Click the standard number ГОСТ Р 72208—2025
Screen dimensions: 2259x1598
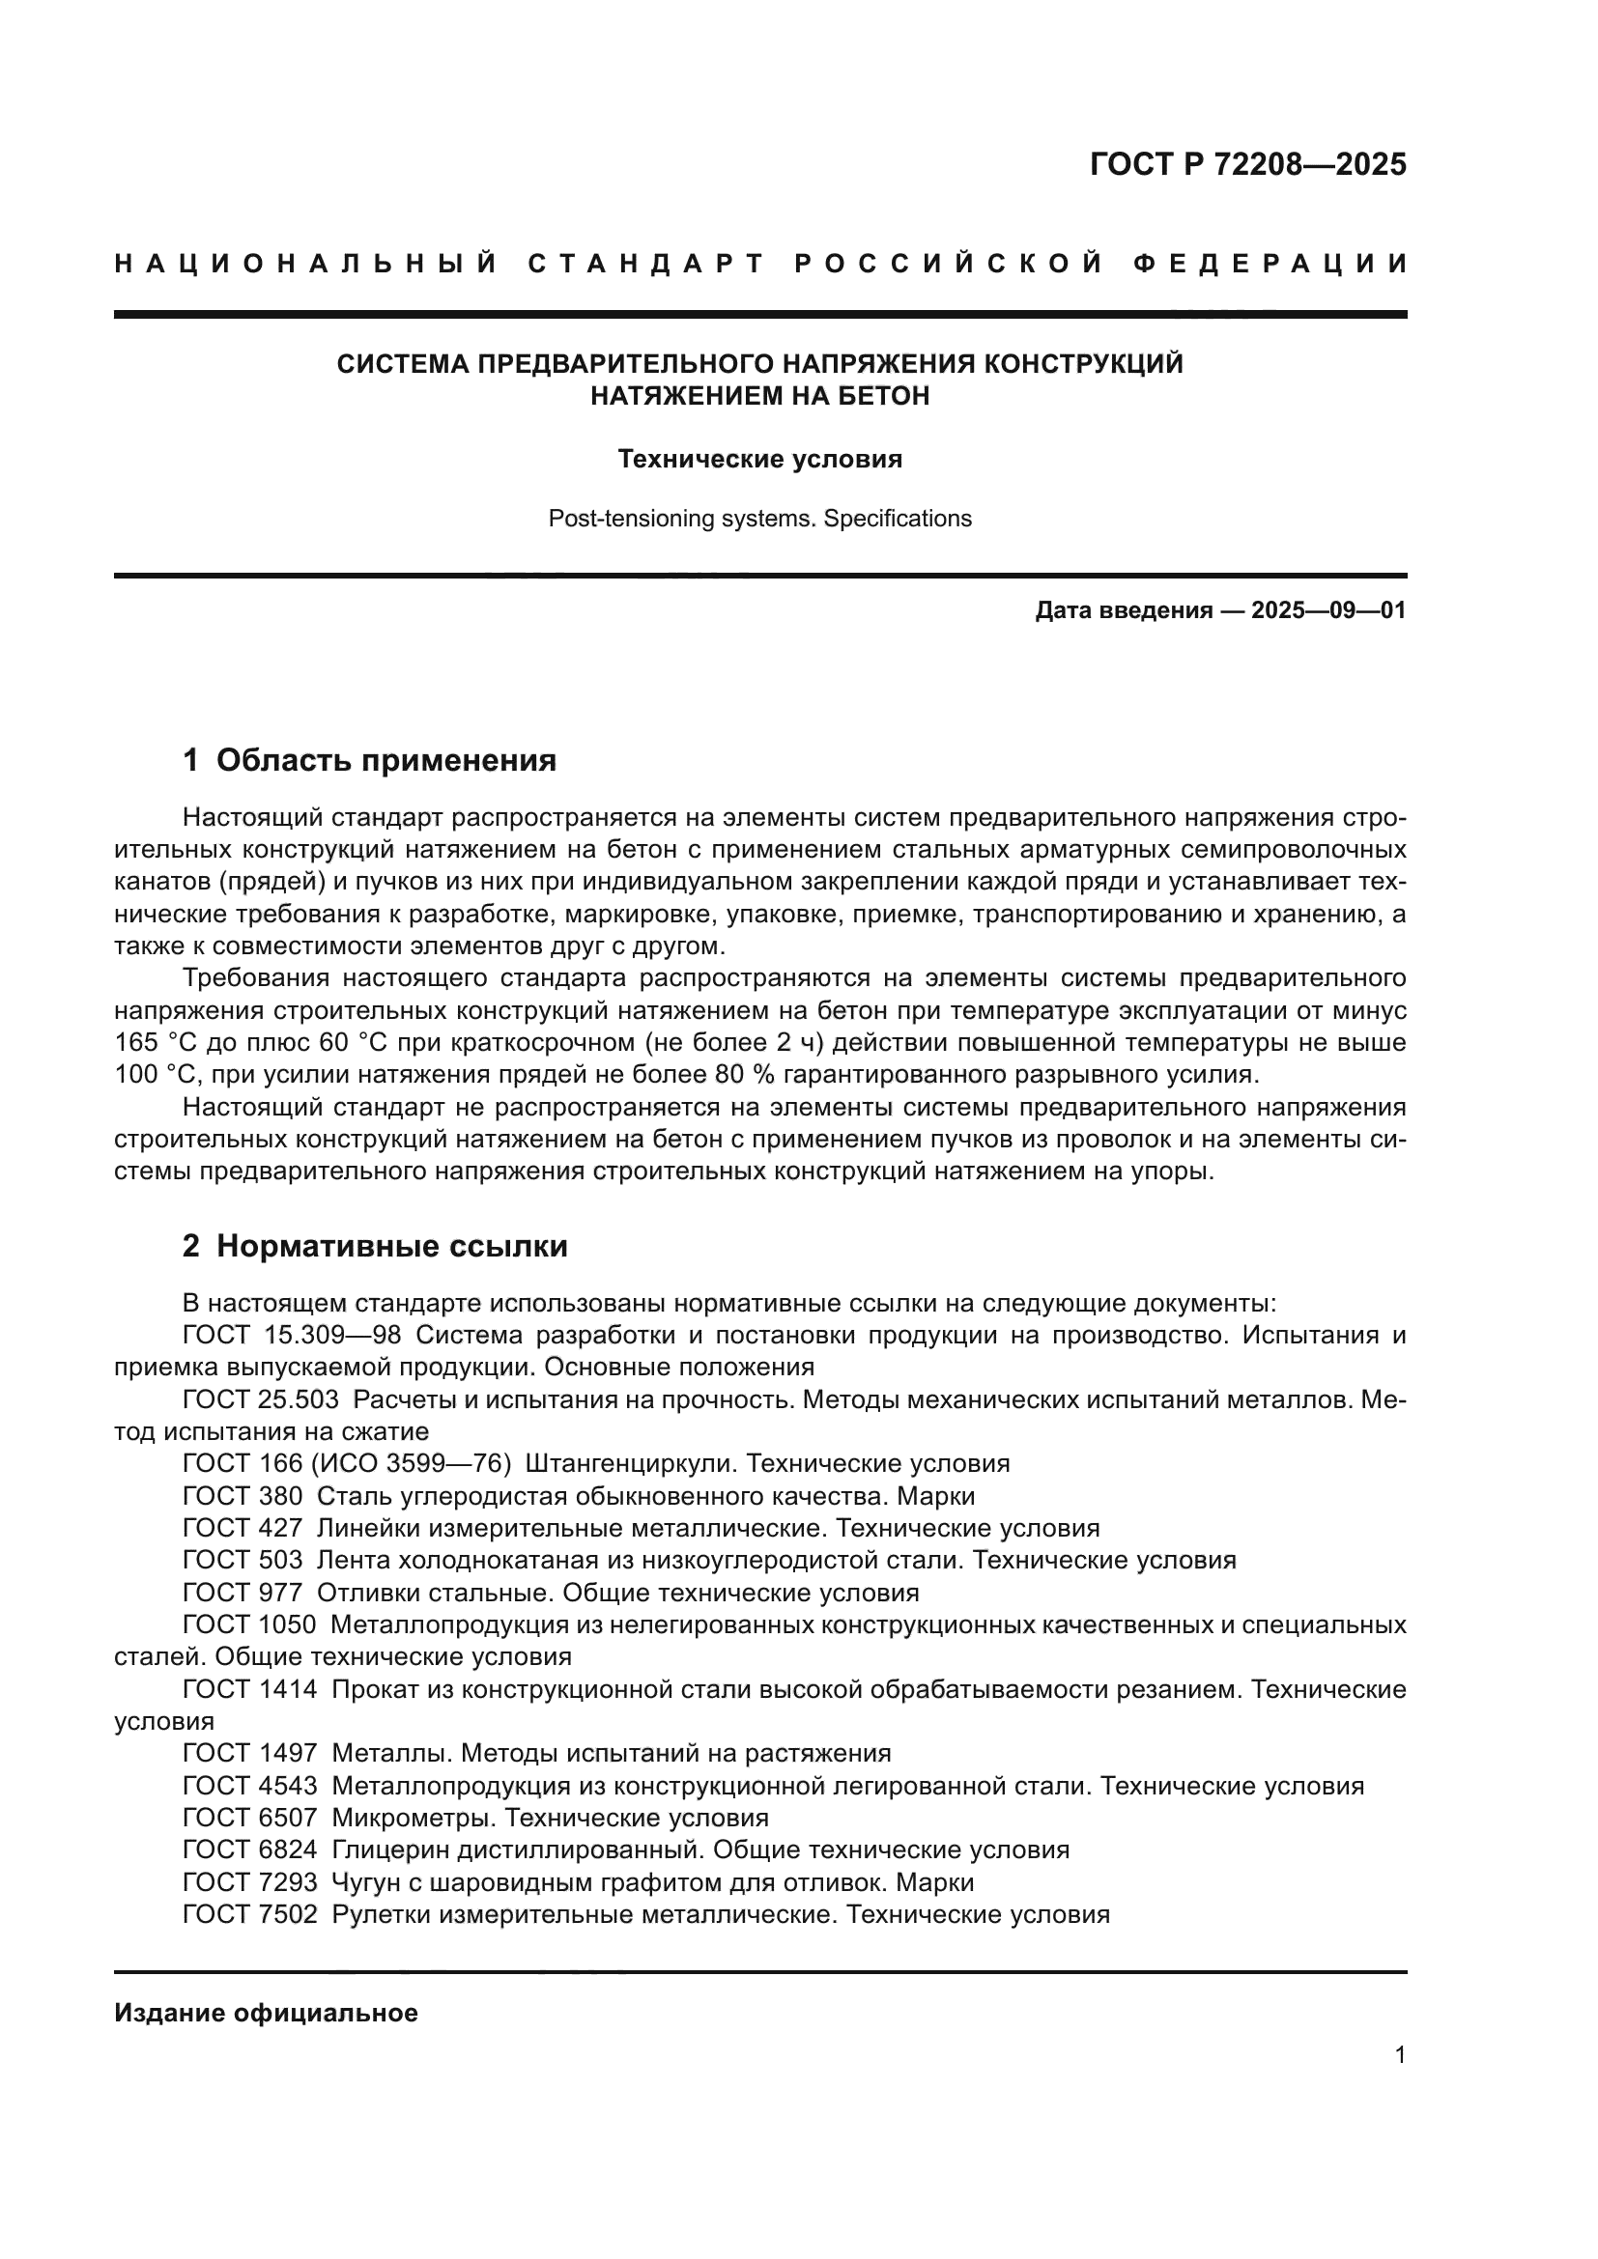click(1247, 164)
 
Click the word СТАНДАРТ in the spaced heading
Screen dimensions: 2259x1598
click(646, 264)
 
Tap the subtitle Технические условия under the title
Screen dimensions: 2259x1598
click(759, 460)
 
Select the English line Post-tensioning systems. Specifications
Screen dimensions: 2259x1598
click(759, 519)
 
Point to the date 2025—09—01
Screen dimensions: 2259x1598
click(1328, 611)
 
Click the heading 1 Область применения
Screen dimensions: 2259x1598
click(370, 760)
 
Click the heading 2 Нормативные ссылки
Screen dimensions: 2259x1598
click(375, 1247)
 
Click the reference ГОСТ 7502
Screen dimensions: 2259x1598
click(250, 1914)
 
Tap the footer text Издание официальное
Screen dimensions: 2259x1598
click(266, 2013)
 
